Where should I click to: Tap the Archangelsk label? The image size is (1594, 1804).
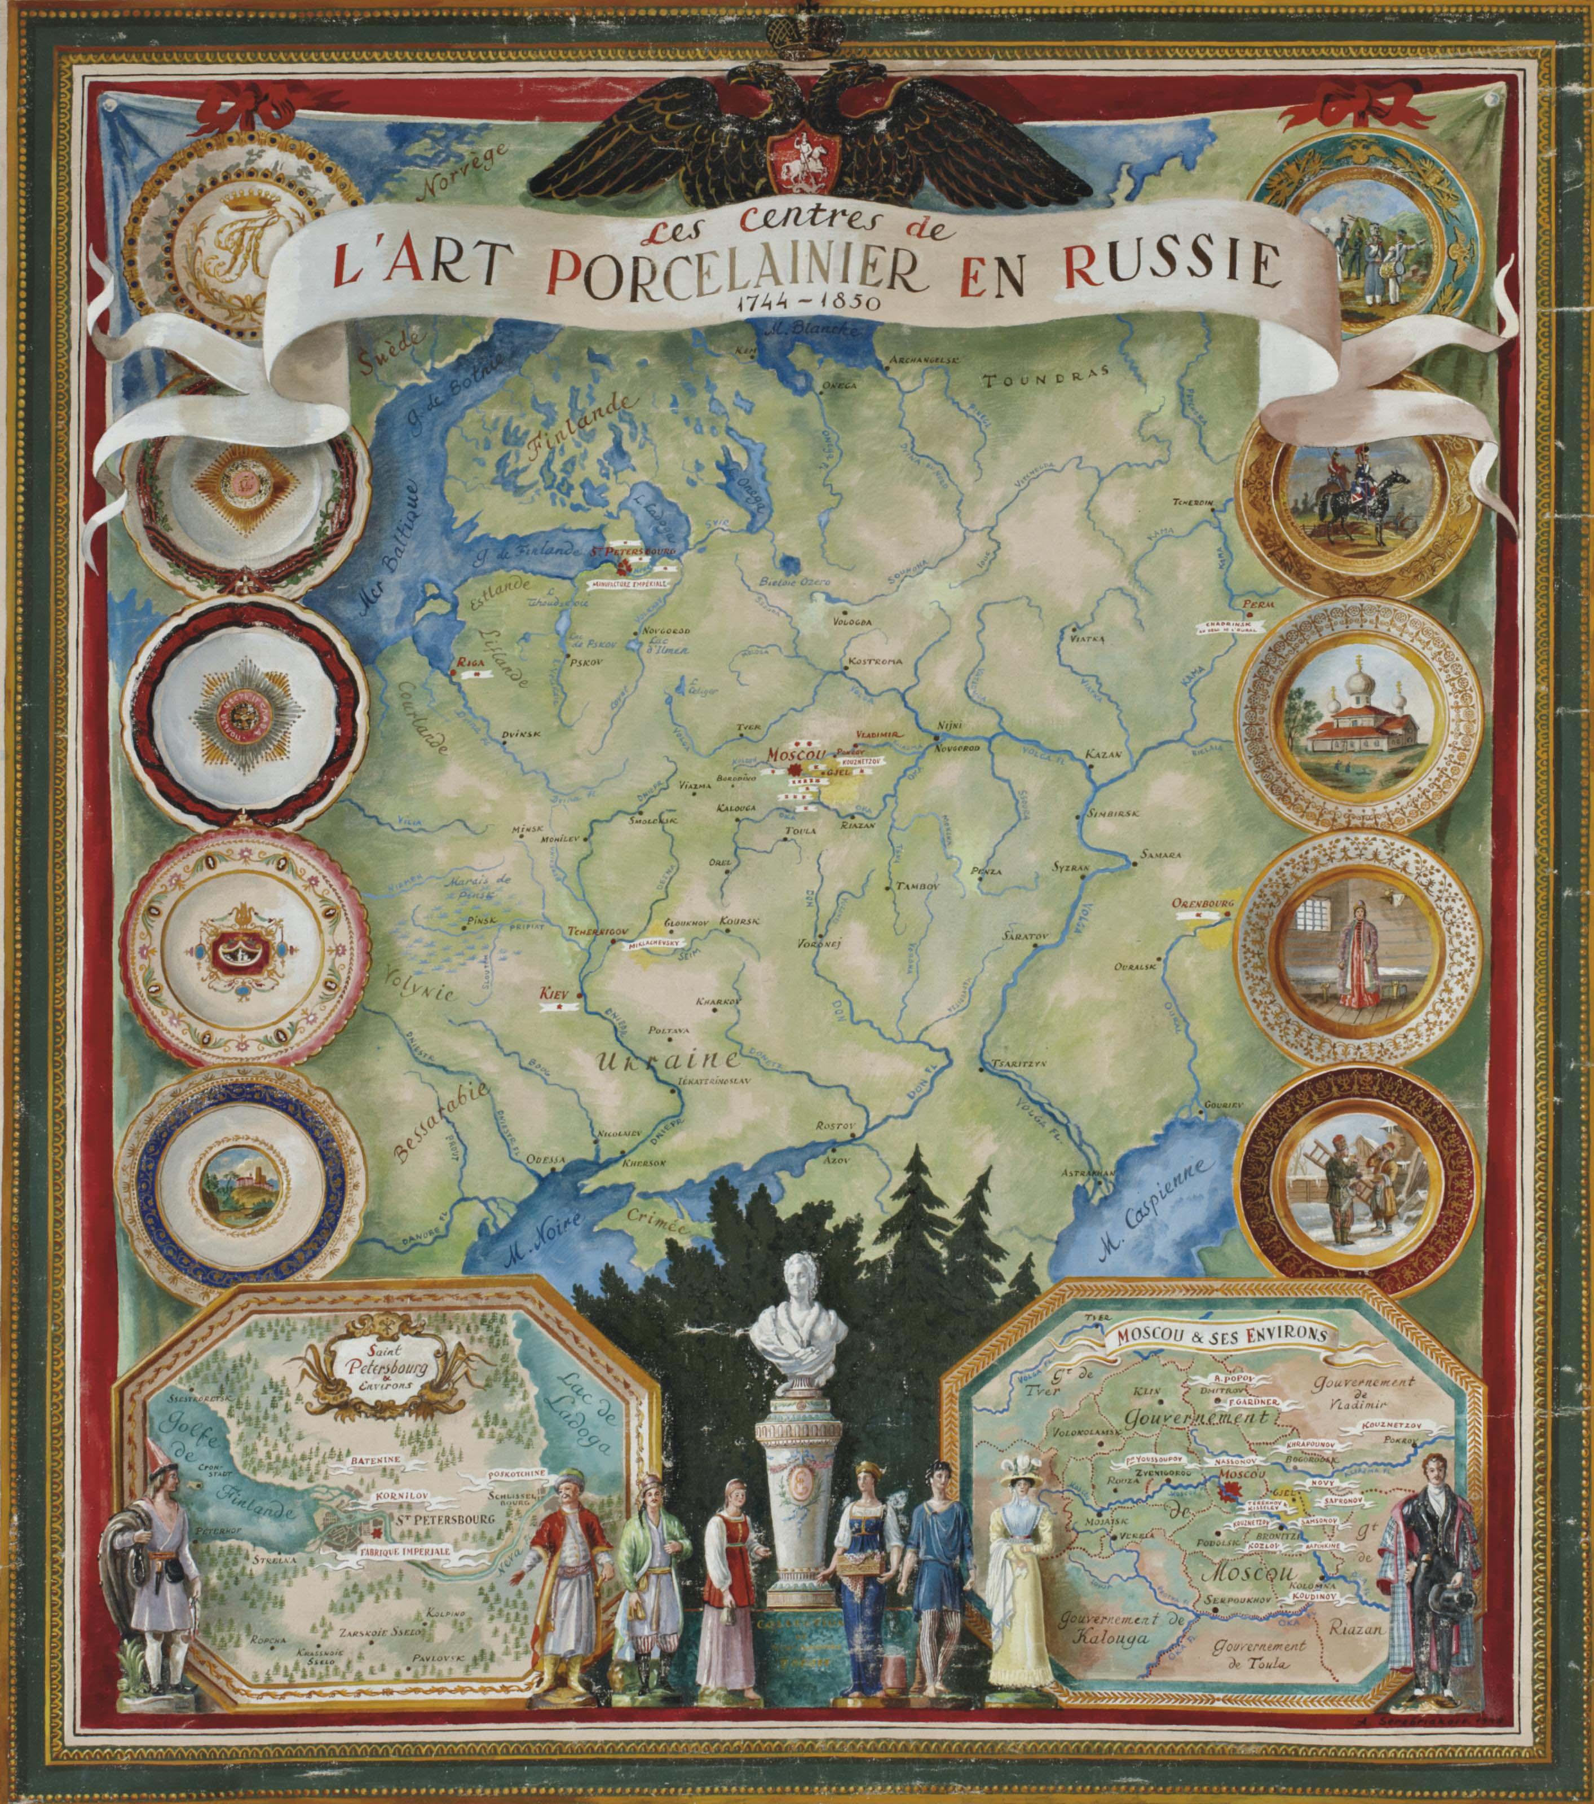coord(923,360)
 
